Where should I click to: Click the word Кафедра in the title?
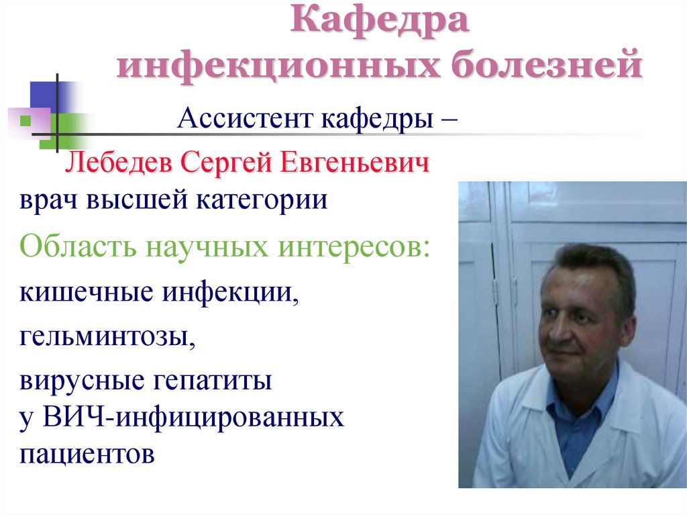pyautogui.click(x=379, y=24)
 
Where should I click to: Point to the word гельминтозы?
pyautogui.click(x=108, y=337)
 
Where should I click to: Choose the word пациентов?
pyautogui.click(x=88, y=455)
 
